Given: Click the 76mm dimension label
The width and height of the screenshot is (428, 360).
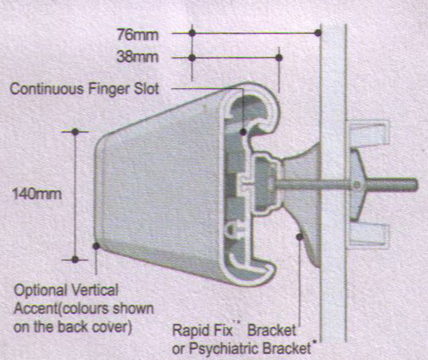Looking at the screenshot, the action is click(138, 35).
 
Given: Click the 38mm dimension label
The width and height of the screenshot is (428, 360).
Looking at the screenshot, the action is click(138, 57).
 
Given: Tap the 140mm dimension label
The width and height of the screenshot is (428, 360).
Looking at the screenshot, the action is click(37, 194).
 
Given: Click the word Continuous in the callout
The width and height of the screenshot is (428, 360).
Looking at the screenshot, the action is click(46, 89).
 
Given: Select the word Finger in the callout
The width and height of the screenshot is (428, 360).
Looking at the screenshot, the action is click(109, 90).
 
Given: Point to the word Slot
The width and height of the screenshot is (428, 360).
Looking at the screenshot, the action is click(146, 89).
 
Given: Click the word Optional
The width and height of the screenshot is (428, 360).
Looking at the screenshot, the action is click(41, 290).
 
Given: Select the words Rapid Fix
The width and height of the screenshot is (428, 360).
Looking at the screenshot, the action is click(202, 330).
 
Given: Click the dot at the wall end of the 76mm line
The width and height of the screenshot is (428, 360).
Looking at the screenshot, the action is click(318, 33).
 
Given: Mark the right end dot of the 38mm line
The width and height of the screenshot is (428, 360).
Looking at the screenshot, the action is click(279, 57).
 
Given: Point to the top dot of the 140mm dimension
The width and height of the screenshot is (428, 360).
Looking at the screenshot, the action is click(75, 132).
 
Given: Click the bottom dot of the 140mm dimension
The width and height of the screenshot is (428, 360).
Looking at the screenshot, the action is click(75, 259).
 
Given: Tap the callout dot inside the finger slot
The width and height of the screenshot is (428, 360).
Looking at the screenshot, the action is click(243, 132).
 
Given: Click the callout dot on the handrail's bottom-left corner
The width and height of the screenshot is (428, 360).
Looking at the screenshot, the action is click(96, 246).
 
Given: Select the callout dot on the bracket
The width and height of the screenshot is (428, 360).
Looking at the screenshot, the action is click(300, 237).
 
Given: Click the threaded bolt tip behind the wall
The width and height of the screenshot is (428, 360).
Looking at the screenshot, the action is click(415, 185).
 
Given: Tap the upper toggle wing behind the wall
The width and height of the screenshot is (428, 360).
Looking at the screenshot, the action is click(369, 132).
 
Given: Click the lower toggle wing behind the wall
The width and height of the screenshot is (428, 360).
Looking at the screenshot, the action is click(369, 235).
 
